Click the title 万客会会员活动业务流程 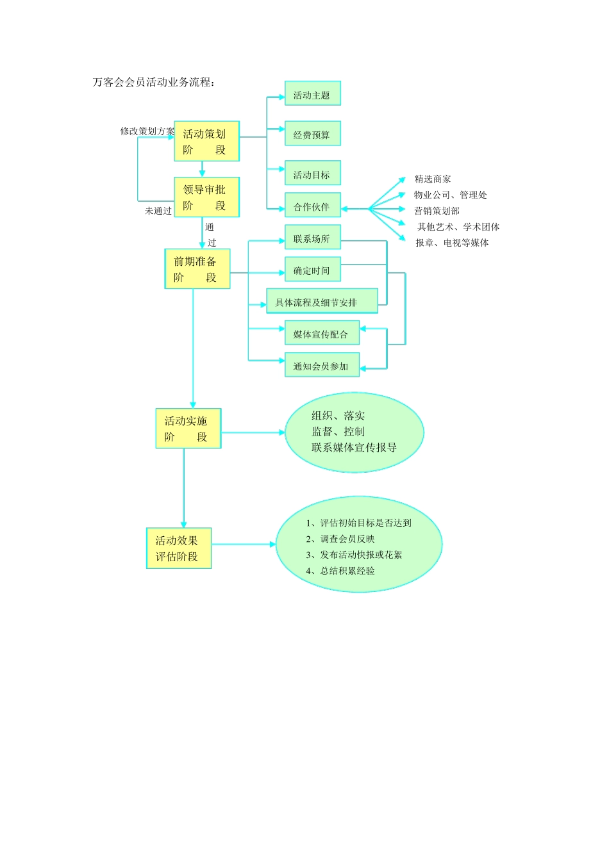click(153, 82)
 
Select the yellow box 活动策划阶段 click(206, 142)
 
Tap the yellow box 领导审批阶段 click(206, 197)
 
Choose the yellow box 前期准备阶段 click(197, 269)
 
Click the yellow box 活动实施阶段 click(188, 429)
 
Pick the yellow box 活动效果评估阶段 click(179, 548)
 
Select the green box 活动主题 click(312, 94)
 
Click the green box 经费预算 click(312, 134)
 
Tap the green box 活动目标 click(312, 174)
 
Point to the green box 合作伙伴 click(312, 206)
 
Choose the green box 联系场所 click(312, 238)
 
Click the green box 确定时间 click(312, 270)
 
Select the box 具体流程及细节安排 click(322, 302)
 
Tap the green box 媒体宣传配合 click(322, 334)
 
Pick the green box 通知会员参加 click(322, 366)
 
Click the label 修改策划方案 click(147, 131)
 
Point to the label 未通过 click(158, 211)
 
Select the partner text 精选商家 click(433, 179)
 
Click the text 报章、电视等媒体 click(452, 243)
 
